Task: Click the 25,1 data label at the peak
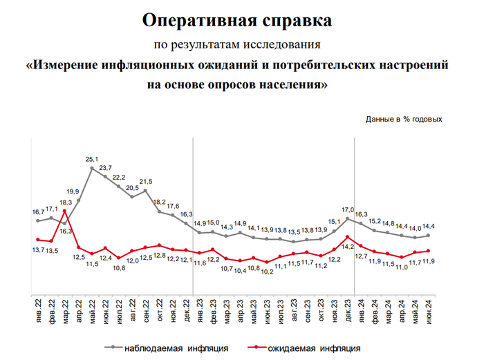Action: pos(92,159)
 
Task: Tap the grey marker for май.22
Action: pos(92,168)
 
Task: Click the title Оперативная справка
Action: pos(237,19)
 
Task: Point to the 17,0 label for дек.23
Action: pos(348,209)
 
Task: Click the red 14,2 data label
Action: pos(348,246)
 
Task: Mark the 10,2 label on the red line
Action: pos(267,272)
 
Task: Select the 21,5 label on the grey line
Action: pos(146,181)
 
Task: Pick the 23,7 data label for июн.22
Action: pos(106,168)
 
